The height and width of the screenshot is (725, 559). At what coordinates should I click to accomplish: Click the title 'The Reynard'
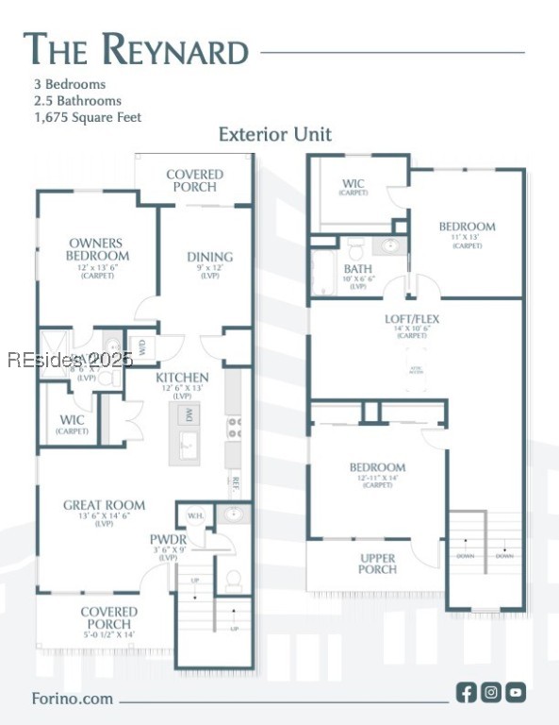coord(136,49)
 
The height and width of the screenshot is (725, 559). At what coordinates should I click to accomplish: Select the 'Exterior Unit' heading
coord(274,134)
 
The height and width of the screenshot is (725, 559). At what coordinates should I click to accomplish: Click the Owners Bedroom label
coord(97,250)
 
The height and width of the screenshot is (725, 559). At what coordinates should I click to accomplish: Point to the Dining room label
coord(209,257)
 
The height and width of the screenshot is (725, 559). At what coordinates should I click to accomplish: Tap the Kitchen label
coord(183,378)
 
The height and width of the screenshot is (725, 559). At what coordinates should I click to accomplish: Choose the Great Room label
coord(104,506)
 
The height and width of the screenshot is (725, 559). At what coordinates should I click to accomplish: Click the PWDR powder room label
coord(168,540)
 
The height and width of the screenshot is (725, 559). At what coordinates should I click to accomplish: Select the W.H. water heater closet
coord(196,515)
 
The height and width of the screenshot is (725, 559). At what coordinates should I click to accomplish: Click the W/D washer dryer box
coord(142,346)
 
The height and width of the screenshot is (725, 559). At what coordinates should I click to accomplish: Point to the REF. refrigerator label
coord(235,484)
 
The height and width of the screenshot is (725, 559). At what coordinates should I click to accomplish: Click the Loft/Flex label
coord(411,319)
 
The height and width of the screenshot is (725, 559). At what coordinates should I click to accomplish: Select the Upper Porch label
coord(377,564)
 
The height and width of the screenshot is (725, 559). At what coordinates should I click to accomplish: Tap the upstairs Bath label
coord(357,270)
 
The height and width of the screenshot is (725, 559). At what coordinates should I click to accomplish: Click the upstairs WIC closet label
coord(353,184)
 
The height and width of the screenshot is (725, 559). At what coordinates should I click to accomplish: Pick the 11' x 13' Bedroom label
coord(467,228)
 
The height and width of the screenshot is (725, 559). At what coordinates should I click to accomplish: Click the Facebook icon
coord(467,692)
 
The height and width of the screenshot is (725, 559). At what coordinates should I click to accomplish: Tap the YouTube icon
coord(516,692)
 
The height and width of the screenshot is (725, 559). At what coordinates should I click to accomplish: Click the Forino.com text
coord(73,699)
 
